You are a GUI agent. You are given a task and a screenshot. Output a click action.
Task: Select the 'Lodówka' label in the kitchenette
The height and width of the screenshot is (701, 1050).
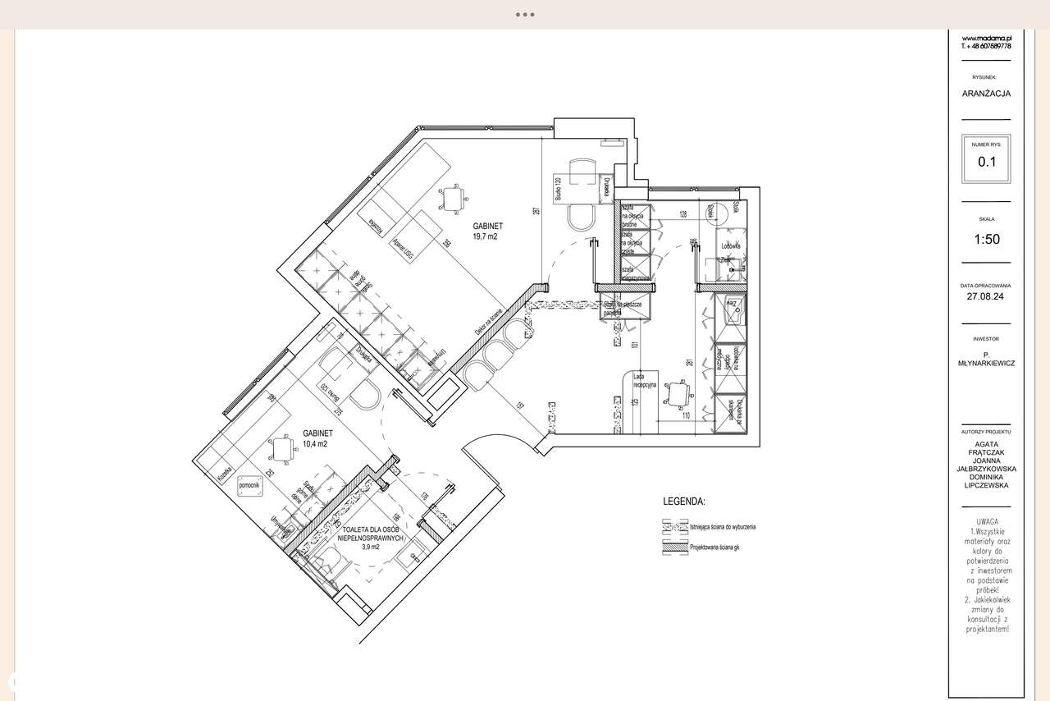pos(732,245)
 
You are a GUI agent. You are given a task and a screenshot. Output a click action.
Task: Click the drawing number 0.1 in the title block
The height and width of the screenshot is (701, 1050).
pos(985,162)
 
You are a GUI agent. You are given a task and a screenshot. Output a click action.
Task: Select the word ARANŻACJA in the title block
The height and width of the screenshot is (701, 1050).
pos(985,94)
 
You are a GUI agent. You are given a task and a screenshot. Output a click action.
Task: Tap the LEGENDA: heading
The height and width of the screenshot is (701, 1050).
pos(683,501)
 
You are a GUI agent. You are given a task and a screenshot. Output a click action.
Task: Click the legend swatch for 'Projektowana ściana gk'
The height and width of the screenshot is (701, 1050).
pos(674,547)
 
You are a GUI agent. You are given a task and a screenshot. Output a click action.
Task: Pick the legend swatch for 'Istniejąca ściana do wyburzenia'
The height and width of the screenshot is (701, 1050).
pos(674,526)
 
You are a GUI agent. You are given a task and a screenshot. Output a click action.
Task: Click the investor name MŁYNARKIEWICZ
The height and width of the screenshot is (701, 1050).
pos(985,363)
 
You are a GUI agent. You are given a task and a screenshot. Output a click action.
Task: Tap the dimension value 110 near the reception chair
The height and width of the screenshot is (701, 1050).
pos(685,416)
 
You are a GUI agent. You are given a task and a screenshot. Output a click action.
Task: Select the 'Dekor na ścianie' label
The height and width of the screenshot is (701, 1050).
pos(489,329)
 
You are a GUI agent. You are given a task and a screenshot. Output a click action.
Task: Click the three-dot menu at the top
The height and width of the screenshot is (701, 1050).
pos(525,15)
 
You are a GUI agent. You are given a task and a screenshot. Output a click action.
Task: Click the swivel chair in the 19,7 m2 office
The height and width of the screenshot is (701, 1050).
pos(452,198)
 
